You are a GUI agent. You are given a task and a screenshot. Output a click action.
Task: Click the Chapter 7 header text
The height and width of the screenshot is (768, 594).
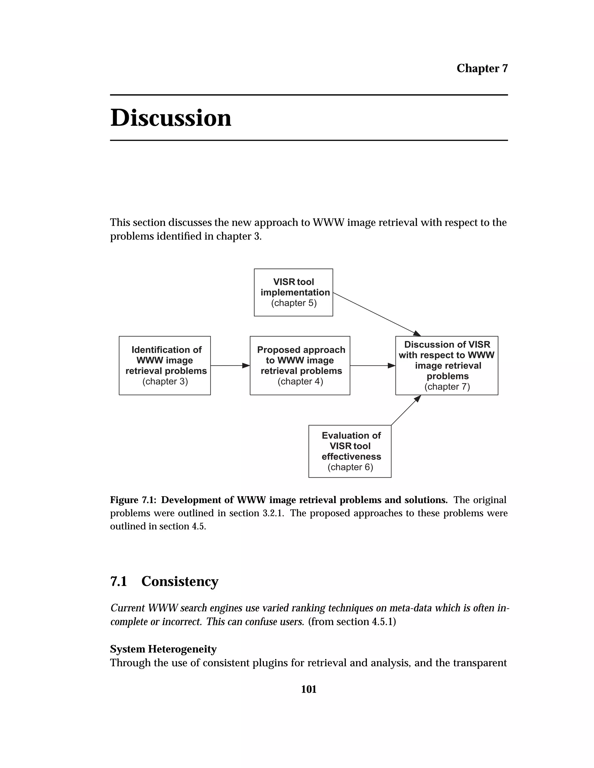tap(482, 68)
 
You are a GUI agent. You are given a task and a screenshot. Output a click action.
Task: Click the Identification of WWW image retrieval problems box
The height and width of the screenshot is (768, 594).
tap(165, 365)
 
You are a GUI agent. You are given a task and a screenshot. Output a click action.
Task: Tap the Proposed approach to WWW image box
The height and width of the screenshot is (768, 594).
tap(300, 365)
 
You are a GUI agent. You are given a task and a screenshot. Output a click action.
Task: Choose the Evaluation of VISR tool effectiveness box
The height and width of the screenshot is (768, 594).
tap(349, 451)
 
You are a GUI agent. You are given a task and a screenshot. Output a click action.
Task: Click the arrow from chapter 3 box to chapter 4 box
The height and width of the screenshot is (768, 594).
tap(230, 365)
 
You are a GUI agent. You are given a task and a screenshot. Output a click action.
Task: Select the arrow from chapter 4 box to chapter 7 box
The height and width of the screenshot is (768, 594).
tap(372, 365)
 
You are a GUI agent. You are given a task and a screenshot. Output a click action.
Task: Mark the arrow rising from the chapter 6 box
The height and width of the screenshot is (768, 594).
tap(406, 410)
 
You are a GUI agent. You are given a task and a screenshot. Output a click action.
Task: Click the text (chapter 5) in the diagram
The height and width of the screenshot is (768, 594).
tap(294, 303)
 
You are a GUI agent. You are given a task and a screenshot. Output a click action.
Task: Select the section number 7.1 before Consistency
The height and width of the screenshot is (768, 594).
tap(119, 581)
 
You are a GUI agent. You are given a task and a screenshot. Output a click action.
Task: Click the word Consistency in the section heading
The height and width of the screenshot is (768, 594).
tap(180, 581)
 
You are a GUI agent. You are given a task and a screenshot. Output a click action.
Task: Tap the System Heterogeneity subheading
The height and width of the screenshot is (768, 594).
tap(163, 649)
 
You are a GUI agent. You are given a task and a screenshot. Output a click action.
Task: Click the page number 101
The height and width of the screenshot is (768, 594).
tap(309, 689)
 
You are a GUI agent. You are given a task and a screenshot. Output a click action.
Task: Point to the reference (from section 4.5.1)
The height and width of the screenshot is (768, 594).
tap(352, 622)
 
